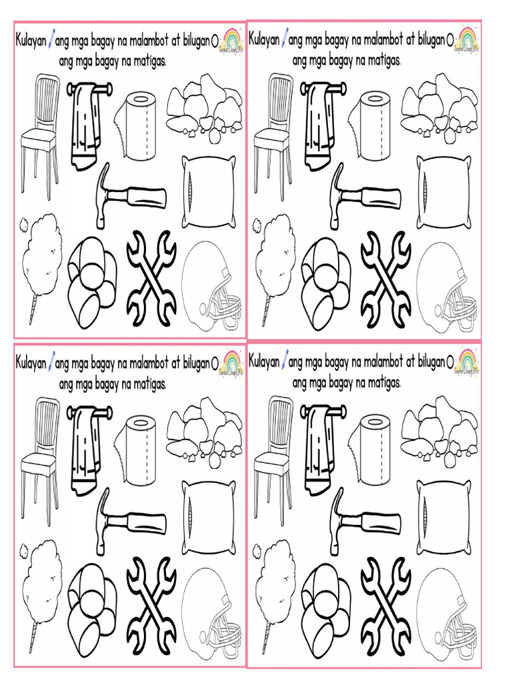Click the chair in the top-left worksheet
pos(39,133)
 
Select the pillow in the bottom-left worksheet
pos(209,517)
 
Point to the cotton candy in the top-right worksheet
pos(275,260)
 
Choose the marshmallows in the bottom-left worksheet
pos(92,604)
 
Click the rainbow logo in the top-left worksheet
pos(231,41)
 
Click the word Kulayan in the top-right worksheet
pos(264,41)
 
